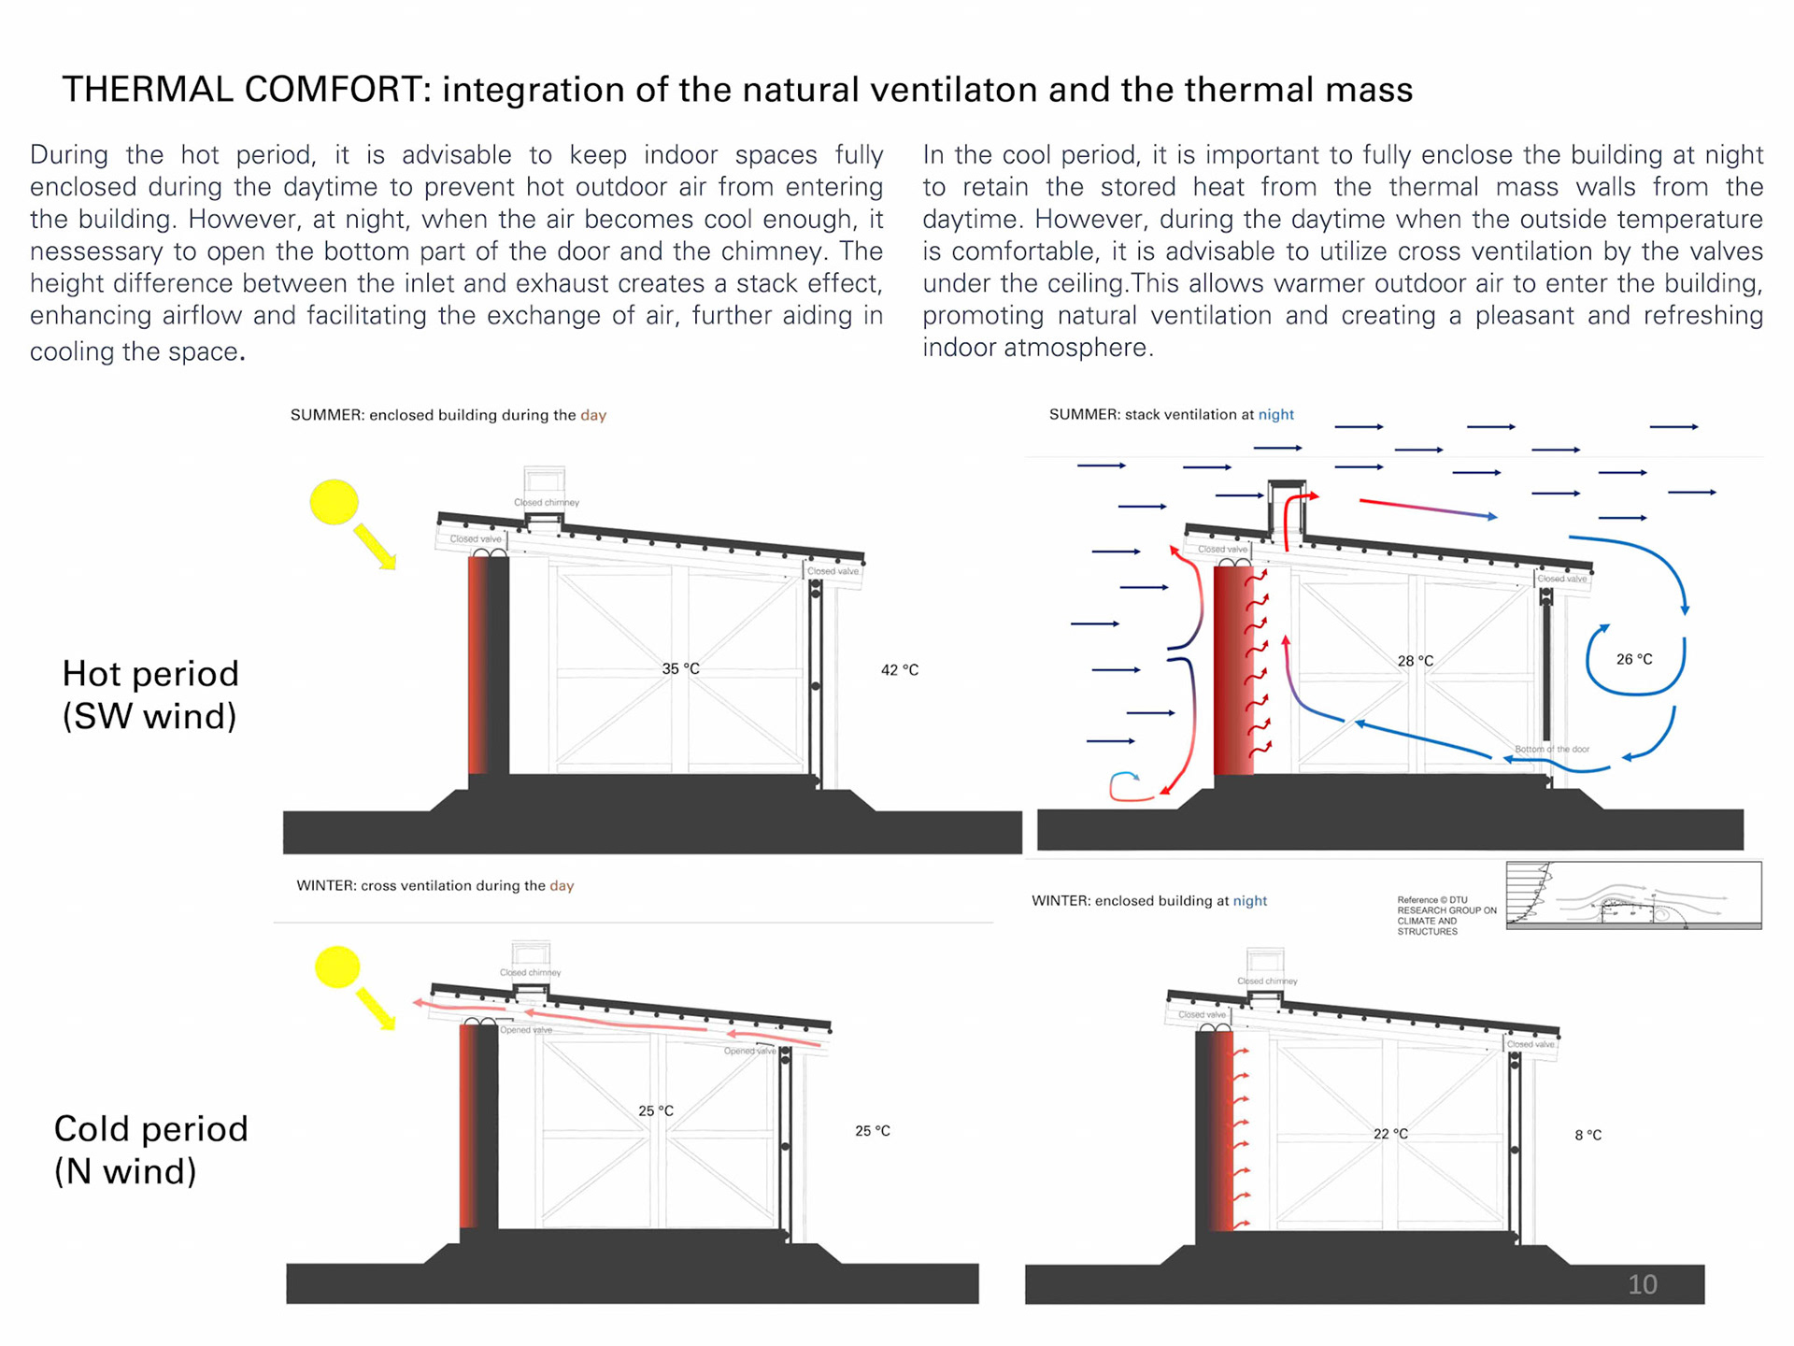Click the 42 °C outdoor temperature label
(x=899, y=669)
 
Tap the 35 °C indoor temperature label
(x=680, y=668)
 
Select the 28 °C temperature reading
(x=1415, y=661)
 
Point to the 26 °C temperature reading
(x=1634, y=659)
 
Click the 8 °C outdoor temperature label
(x=1588, y=1135)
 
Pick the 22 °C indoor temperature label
(x=1390, y=1133)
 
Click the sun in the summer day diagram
(x=334, y=502)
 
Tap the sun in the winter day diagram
(x=337, y=967)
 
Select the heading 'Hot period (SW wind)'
(x=150, y=694)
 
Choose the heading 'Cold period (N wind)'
(x=150, y=1150)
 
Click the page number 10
(x=1642, y=1284)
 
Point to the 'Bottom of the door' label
(x=1551, y=749)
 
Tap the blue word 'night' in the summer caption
(x=1275, y=414)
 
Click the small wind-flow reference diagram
(x=1633, y=895)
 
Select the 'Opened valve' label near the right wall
(x=749, y=1051)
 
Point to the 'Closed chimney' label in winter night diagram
(x=1267, y=981)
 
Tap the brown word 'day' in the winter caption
(x=562, y=885)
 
